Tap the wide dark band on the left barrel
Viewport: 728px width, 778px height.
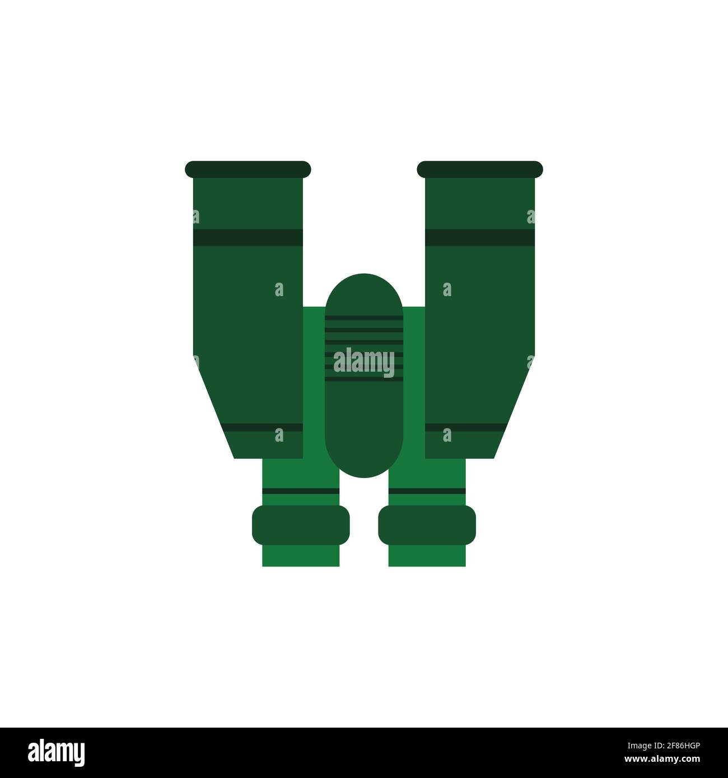[247, 238]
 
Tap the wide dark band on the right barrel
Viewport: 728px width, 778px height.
[480, 238]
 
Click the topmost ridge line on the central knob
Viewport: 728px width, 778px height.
[364, 317]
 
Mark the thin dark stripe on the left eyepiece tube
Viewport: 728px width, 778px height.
[301, 491]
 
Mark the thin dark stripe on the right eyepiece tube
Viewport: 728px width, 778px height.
[427, 491]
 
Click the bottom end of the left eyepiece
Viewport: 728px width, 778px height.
[301, 556]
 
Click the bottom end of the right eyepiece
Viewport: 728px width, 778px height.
[427, 556]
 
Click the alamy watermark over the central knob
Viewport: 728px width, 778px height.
[364, 361]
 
